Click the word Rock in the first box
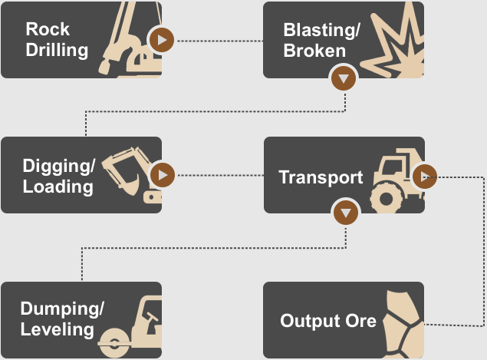(x=48, y=29)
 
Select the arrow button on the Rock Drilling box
(x=162, y=39)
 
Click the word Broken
(x=314, y=51)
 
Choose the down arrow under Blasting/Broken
(x=344, y=78)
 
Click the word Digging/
(x=60, y=165)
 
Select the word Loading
(x=58, y=187)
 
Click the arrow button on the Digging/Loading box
(x=162, y=175)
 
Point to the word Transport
(x=321, y=177)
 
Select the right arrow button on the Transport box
(x=424, y=176)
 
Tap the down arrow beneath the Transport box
(x=346, y=213)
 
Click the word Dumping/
(x=62, y=309)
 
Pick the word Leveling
(x=58, y=331)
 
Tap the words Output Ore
(x=328, y=320)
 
